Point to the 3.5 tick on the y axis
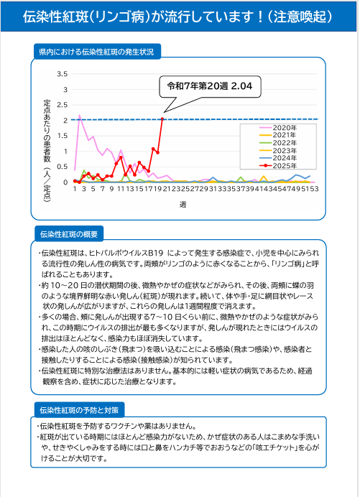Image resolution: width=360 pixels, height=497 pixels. coord(63,74)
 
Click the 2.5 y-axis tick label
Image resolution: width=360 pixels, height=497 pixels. coord(63,105)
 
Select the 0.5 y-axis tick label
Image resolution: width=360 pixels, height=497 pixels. coord(63,167)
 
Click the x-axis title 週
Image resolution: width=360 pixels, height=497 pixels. coord(183,205)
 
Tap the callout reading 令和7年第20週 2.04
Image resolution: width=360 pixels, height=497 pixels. coord(210,86)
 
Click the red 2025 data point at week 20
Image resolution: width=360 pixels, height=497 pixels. coord(162,119)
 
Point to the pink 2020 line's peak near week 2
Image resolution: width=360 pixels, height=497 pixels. coord(79,116)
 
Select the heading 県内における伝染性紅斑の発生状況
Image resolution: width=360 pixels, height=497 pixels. coord(97,52)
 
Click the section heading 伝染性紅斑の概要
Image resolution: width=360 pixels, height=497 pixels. coord(69,234)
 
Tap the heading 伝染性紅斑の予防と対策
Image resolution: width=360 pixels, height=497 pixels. coord(79,411)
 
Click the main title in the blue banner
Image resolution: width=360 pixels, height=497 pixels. coord(177,17)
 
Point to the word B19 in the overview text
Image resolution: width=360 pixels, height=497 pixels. coord(155,254)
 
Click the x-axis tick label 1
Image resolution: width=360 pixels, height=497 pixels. coord(75,189)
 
